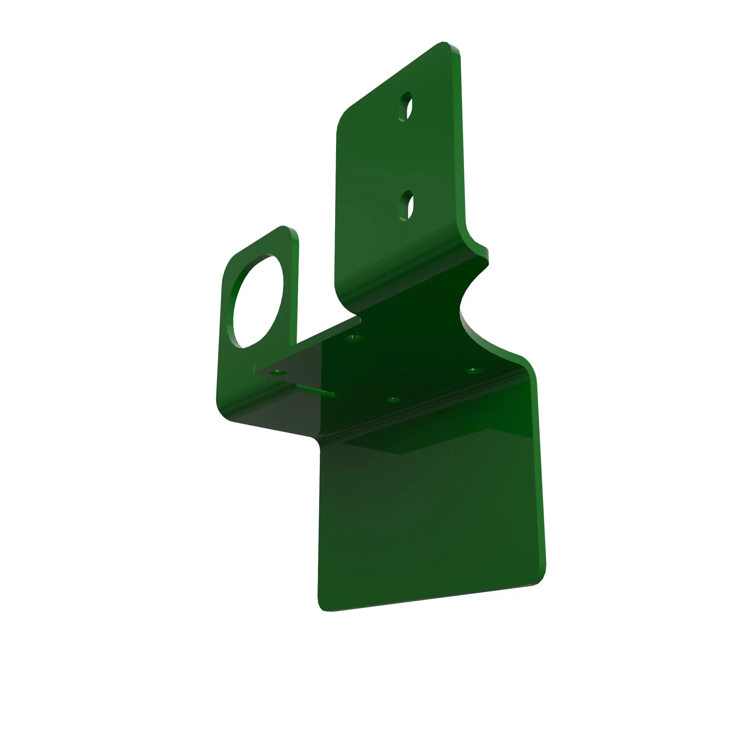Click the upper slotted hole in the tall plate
pyautogui.click(x=406, y=107)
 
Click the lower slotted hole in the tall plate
pyautogui.click(x=406, y=206)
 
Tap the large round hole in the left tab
pyautogui.click(x=258, y=301)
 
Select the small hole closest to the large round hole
pyautogui.click(x=278, y=373)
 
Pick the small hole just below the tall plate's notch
pyautogui.click(x=353, y=337)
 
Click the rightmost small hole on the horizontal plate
pyautogui.click(x=474, y=371)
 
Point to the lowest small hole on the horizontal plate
pyautogui.click(x=393, y=399)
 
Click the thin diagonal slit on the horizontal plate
pyautogui.click(x=315, y=390)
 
